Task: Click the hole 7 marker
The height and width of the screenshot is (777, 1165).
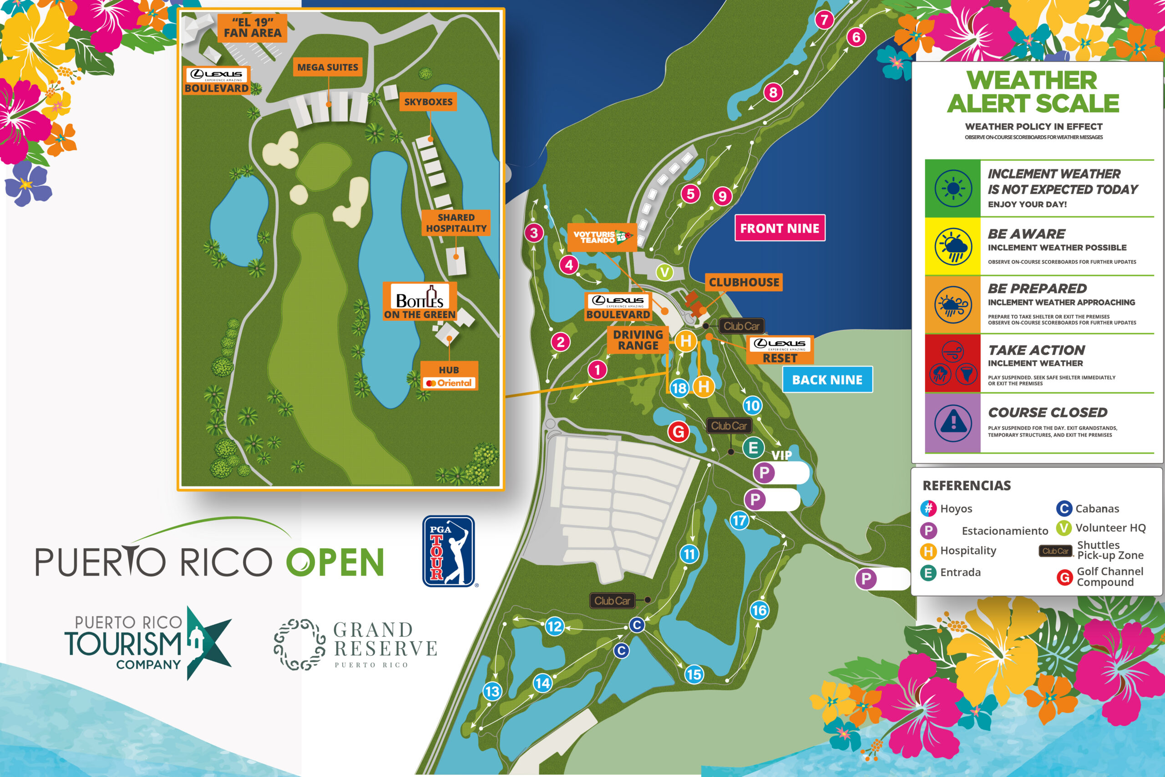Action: (x=824, y=20)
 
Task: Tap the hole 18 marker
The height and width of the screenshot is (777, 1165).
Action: (x=679, y=388)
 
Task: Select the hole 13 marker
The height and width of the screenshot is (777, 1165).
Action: (x=492, y=691)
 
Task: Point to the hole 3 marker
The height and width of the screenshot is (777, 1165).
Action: (x=534, y=233)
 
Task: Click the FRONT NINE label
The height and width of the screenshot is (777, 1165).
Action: (x=780, y=228)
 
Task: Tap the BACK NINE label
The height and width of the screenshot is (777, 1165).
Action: (x=827, y=380)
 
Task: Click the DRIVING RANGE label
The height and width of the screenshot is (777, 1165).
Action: (x=638, y=340)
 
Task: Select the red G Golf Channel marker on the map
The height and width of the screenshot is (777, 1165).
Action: (x=679, y=432)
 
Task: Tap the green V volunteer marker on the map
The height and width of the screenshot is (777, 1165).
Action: (x=664, y=272)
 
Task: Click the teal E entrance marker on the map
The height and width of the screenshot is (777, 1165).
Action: (x=753, y=448)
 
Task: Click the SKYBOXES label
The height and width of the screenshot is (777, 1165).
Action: (x=428, y=102)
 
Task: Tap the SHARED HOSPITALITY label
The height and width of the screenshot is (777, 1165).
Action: (x=456, y=223)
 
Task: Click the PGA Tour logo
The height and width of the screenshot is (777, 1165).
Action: (x=449, y=551)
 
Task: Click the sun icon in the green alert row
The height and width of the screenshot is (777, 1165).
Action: (x=953, y=188)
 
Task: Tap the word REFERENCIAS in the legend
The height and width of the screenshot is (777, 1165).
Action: (x=967, y=486)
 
